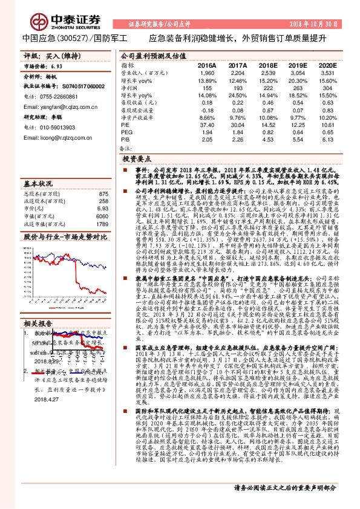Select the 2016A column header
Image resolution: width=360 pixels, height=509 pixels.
206,64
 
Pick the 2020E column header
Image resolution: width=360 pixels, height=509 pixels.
326,64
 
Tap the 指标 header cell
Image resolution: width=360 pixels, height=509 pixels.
128,64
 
